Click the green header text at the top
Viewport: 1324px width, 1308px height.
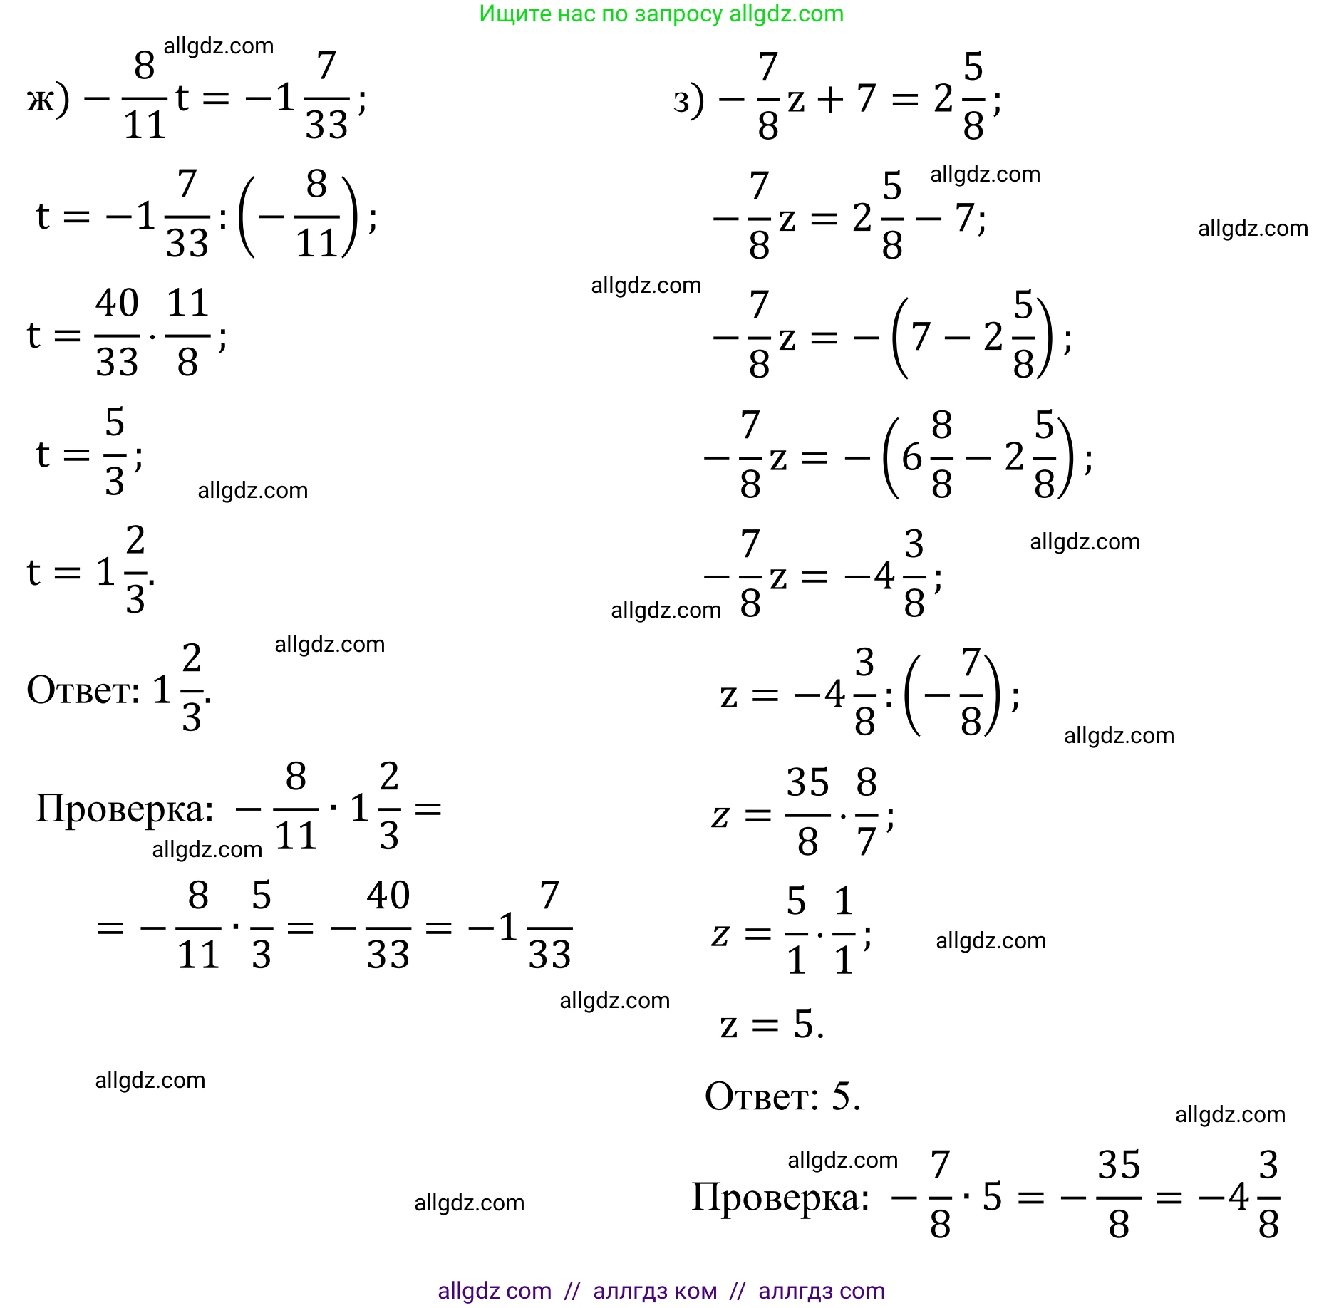[661, 14]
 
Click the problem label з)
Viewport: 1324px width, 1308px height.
[688, 100]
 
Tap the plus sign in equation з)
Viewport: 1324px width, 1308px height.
[830, 98]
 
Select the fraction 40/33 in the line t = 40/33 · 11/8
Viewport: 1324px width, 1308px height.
[117, 333]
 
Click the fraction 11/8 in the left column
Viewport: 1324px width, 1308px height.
[187, 333]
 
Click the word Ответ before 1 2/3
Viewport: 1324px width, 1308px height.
[83, 690]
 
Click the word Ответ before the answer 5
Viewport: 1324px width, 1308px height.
[761, 1096]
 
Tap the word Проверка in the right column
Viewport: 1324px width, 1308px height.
[780, 1197]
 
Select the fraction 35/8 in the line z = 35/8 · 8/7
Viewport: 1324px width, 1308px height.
[807, 813]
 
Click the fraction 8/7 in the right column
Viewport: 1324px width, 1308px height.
[866, 813]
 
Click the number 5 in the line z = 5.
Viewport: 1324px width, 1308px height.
[804, 1024]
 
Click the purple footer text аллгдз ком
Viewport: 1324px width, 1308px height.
[655, 1291]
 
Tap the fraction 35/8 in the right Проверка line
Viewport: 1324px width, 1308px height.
[1118, 1197]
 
